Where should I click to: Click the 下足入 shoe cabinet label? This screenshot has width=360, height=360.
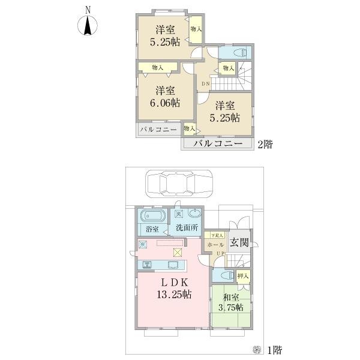point(217,236)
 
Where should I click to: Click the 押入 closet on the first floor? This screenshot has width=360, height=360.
point(244,277)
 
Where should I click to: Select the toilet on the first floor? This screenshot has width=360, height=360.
point(224,275)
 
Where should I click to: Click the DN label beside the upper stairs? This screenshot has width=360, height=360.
point(205,84)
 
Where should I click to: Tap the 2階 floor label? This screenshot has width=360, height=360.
point(265,144)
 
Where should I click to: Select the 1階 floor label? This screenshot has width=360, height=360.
point(274,349)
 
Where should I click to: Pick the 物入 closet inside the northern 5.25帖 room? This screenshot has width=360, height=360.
point(196,29)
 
